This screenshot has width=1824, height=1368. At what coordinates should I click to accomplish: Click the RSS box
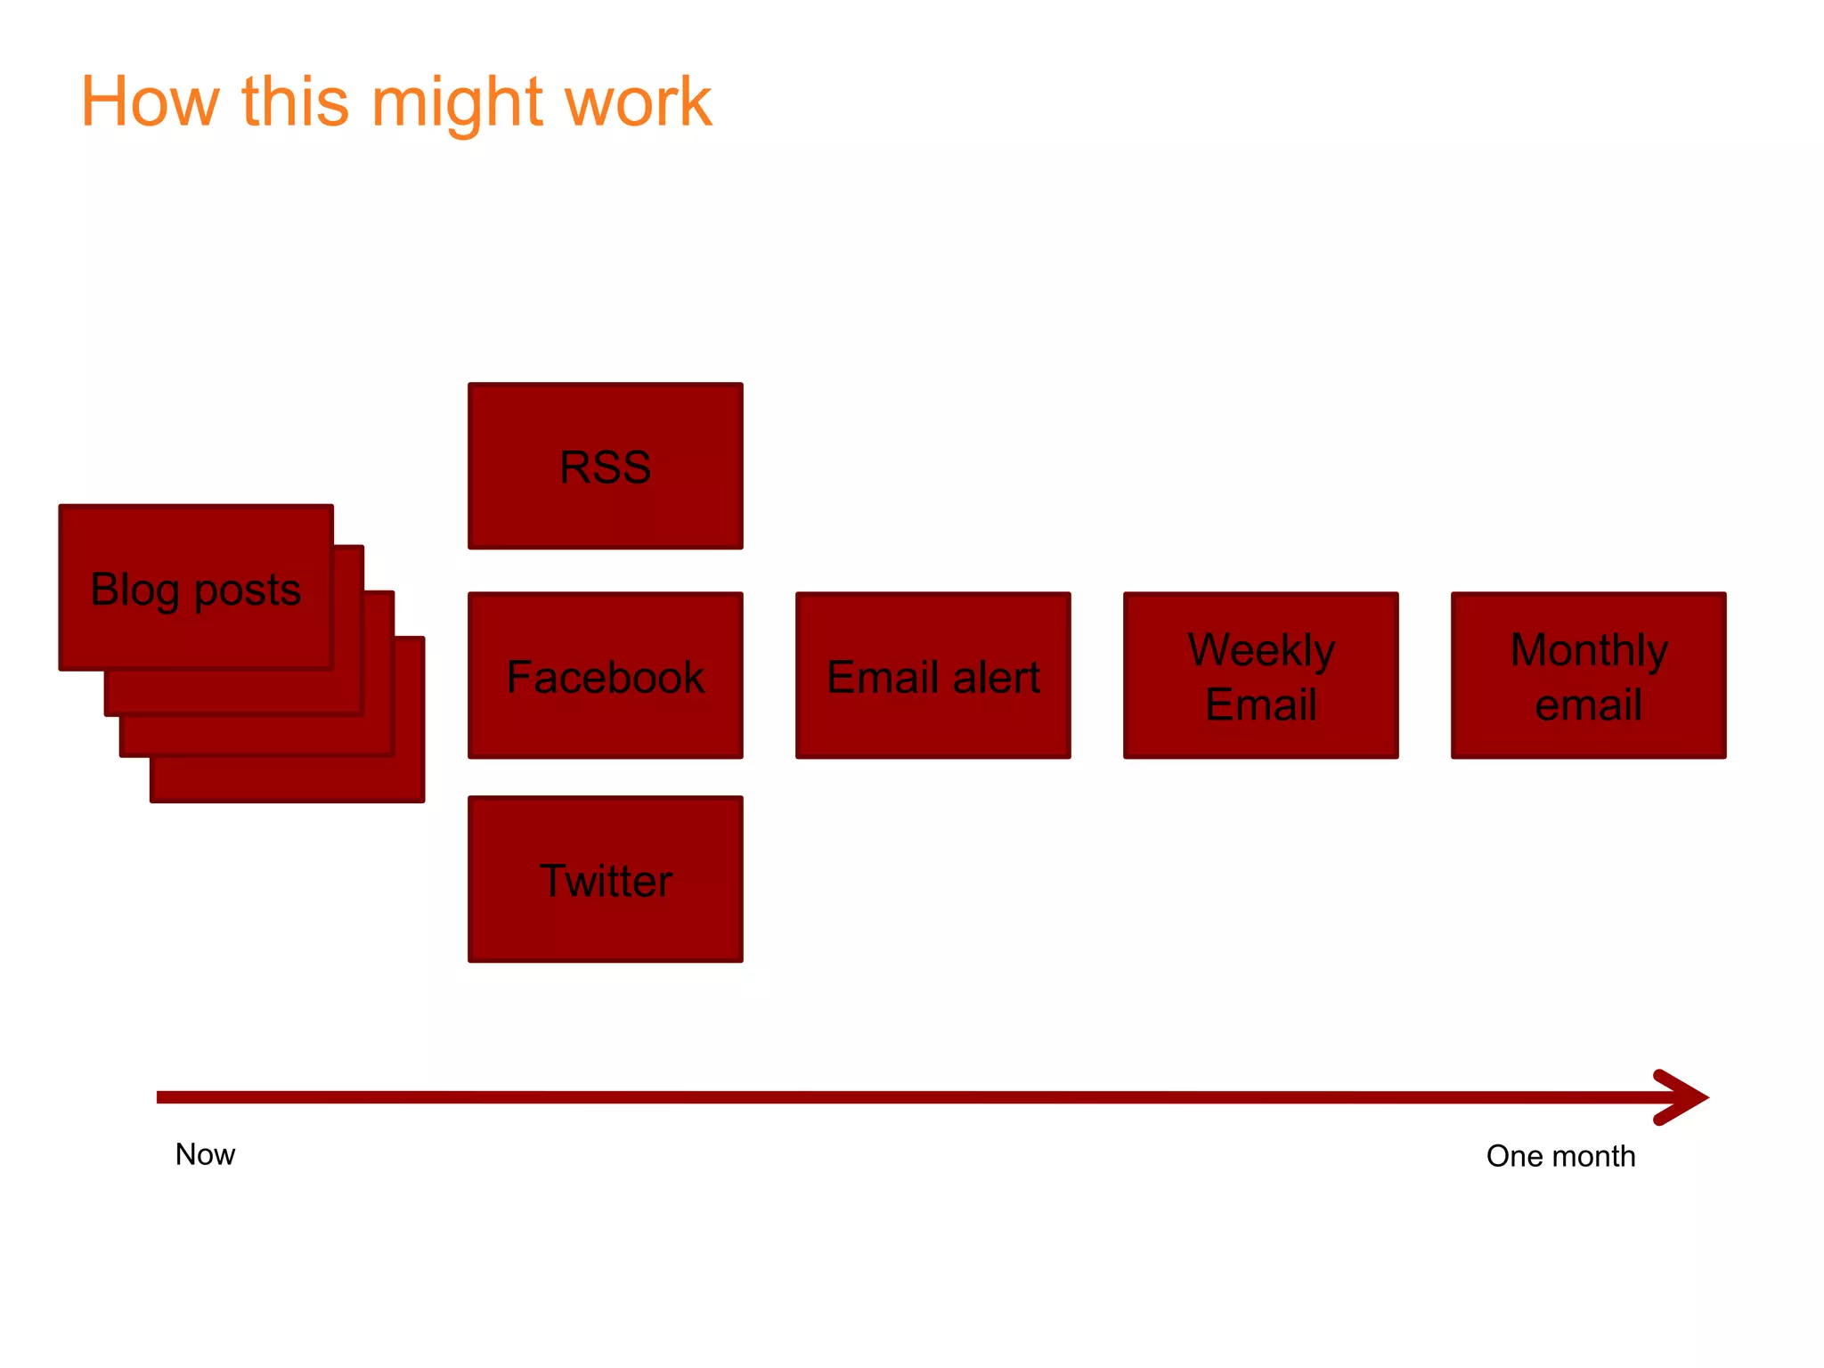(606, 466)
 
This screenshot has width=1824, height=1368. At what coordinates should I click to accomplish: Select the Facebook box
(606, 675)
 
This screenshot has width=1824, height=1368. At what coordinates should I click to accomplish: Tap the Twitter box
(606, 879)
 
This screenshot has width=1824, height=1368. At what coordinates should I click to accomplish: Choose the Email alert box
(932, 675)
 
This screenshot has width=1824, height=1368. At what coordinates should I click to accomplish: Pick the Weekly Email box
(1260, 675)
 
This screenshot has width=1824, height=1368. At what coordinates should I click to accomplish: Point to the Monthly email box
(1588, 675)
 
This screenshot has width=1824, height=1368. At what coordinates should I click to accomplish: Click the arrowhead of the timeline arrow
(1683, 1097)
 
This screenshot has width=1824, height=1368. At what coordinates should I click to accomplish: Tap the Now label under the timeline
(205, 1154)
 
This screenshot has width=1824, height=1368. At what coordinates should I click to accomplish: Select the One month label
(1560, 1156)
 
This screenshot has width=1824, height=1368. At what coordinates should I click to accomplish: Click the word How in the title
(150, 102)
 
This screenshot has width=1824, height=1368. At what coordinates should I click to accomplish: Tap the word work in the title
(639, 102)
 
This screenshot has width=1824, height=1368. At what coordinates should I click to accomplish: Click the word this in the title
(295, 102)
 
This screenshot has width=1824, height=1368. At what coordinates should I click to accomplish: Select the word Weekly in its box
(1261, 650)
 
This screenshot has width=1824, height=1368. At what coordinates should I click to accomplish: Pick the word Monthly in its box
(1589, 650)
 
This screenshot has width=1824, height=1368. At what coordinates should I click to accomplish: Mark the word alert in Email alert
(996, 677)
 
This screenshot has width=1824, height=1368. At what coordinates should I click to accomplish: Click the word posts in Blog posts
(248, 590)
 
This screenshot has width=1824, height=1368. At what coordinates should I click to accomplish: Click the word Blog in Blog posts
(134, 590)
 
